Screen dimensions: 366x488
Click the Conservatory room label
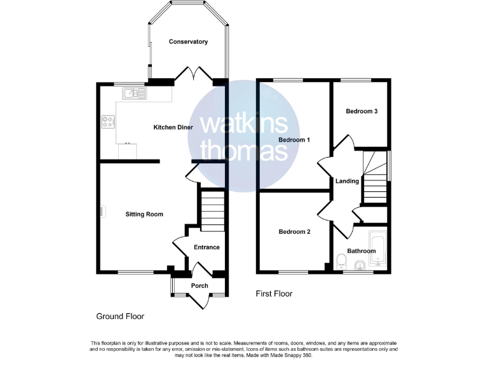pyautogui.click(x=188, y=42)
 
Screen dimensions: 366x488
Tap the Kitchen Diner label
pyautogui.click(x=173, y=128)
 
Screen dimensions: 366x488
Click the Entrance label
pyautogui.click(x=207, y=247)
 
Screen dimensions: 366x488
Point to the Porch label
pyautogui.click(x=200, y=286)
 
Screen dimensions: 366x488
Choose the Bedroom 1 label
pyautogui.click(x=294, y=140)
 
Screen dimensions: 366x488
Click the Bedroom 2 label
pyautogui.click(x=294, y=232)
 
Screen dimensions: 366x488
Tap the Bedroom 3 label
pyautogui.click(x=362, y=111)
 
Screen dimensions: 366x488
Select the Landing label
pyautogui.click(x=348, y=181)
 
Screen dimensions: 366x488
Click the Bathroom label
pyautogui.click(x=361, y=251)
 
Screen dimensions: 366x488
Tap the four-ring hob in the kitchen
pyautogui.click(x=107, y=121)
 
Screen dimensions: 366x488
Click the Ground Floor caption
pyautogui.click(x=120, y=316)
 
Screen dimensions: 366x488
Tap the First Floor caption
pyautogui.click(x=274, y=294)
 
